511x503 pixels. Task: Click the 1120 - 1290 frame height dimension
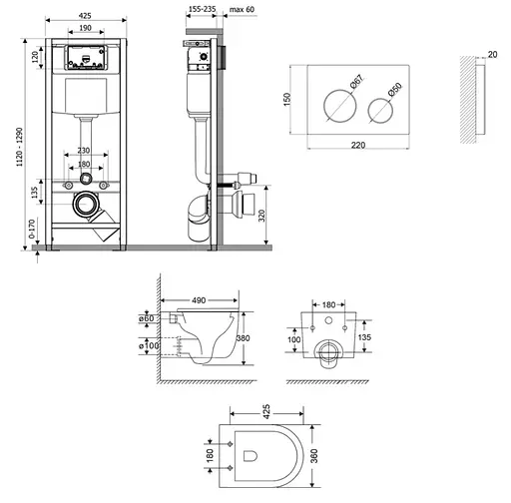[20, 147]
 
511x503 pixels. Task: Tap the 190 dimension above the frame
[86, 28]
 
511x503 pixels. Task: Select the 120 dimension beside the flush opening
[35, 57]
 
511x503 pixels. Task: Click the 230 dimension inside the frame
[84, 151]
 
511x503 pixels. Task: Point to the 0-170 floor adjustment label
[32, 229]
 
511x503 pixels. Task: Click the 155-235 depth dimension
[203, 9]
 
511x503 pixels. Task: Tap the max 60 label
[242, 9]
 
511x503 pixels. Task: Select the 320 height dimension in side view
[261, 216]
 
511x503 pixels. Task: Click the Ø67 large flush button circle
[340, 106]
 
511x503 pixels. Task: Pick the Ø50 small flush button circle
[380, 111]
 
